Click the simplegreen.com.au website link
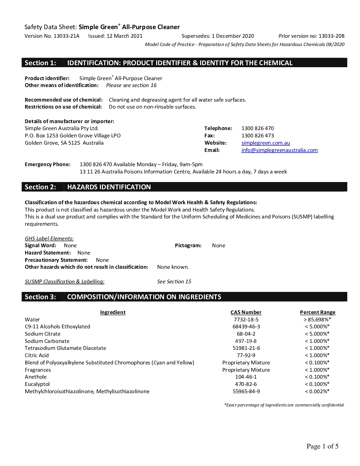tap(265, 143)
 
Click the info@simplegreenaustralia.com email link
tap(279, 150)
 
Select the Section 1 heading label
tap(40, 63)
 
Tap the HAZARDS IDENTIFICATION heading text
tap(109, 187)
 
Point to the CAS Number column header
tap(246, 312)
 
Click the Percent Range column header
tap(317, 312)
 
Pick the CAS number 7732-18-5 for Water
tap(246, 320)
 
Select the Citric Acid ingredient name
tap(37, 355)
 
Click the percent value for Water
tap(317, 320)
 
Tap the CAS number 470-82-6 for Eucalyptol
tap(246, 384)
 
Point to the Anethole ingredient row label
tap(36, 377)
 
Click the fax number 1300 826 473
tap(257, 136)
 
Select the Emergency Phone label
tap(48, 164)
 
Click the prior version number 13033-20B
tap(331, 36)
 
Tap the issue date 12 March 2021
tap(124, 36)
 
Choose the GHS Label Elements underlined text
tap(49, 239)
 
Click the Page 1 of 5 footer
tap(322, 446)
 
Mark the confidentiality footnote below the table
tap(284, 405)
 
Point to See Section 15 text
tap(174, 282)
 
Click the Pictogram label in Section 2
tap(188, 246)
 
